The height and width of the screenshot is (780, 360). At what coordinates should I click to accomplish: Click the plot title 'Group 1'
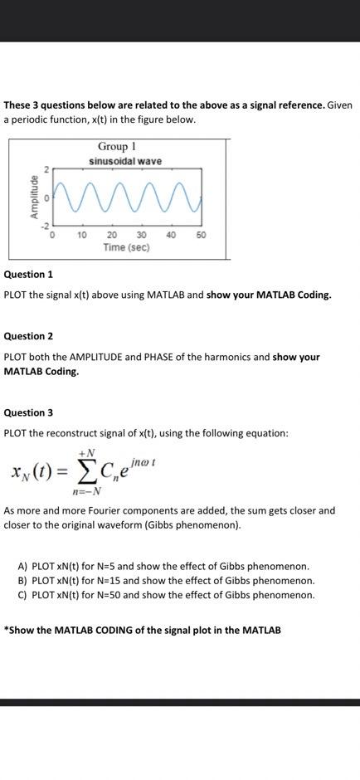(x=123, y=147)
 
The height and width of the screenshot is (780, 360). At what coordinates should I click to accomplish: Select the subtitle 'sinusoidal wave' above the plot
(x=126, y=161)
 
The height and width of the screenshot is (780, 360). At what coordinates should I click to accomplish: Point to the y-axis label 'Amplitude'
(x=35, y=197)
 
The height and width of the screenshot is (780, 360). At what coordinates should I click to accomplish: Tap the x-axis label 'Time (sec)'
(x=126, y=247)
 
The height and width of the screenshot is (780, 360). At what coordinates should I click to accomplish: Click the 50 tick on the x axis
(x=202, y=236)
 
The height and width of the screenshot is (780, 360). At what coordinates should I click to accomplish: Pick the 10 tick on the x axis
(x=82, y=236)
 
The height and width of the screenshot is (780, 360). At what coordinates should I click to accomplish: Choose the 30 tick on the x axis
(x=142, y=236)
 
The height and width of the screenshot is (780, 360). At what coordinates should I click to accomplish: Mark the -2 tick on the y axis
(x=47, y=226)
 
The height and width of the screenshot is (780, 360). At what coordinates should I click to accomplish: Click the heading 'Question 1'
(x=29, y=274)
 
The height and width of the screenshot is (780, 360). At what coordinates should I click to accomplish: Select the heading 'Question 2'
(x=29, y=336)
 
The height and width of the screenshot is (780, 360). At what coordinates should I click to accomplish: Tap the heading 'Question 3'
(x=29, y=412)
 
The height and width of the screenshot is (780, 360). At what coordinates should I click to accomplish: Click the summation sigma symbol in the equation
(x=85, y=474)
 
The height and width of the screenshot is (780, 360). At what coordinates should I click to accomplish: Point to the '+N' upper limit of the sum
(x=86, y=452)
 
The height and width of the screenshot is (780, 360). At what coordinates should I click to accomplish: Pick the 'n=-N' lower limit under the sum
(x=86, y=492)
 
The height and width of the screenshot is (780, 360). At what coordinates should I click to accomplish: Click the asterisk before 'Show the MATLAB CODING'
(x=7, y=630)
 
